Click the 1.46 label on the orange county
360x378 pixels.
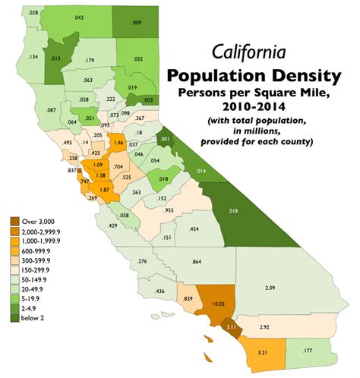pos(118,142)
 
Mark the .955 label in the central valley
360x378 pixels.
pos(169,210)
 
